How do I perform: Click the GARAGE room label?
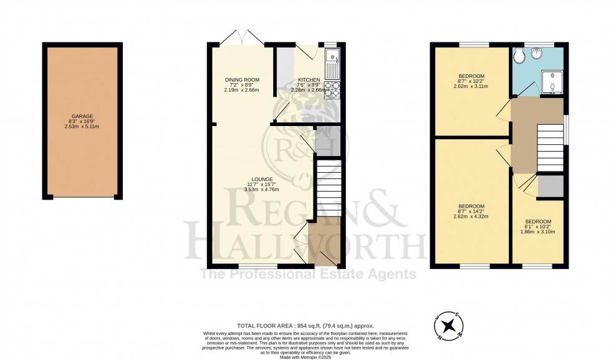click(82, 115)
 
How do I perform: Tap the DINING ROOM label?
click(242, 80)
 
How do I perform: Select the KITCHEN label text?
click(309, 80)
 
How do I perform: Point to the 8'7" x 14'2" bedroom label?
click(471, 207)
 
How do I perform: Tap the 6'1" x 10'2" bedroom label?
click(537, 222)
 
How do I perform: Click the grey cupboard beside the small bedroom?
click(551, 187)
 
